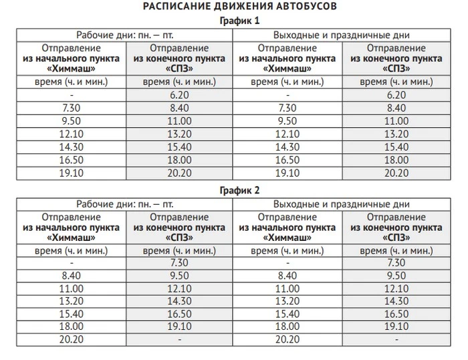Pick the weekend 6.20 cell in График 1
point(396,96)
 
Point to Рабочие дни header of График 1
point(124,35)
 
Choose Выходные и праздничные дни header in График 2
point(342,203)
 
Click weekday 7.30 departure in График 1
point(71,108)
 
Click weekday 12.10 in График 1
point(71,134)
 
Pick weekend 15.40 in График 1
point(396,147)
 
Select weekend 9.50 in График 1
point(287,121)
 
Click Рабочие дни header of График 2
point(124,203)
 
